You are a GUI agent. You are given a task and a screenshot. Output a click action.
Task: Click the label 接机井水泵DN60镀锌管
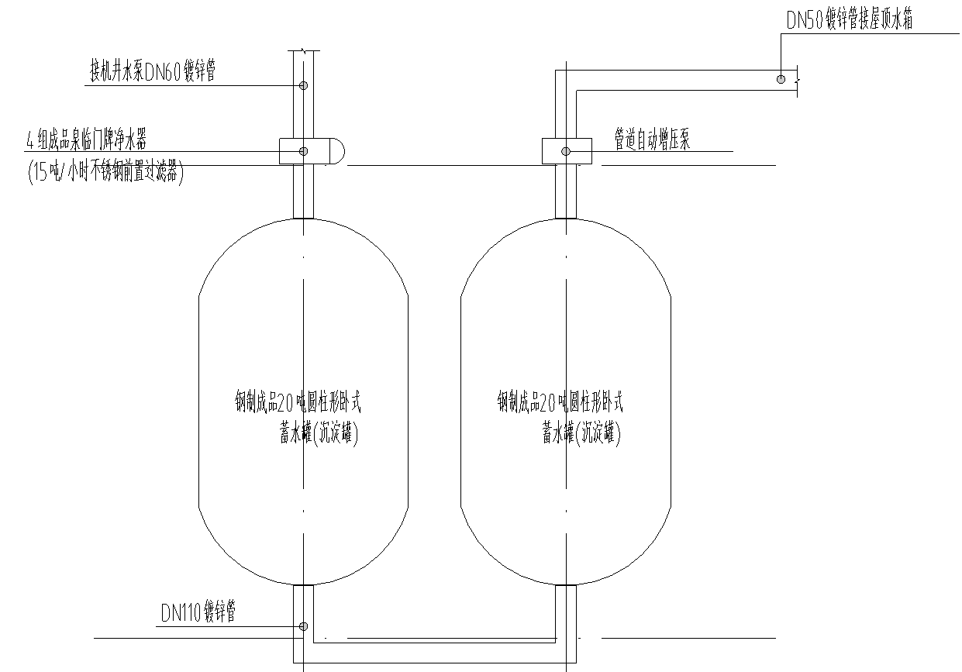[x=153, y=72]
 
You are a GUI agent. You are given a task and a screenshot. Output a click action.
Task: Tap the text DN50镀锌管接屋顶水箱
[x=849, y=21]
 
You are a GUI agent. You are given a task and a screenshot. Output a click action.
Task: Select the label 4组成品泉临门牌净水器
[x=87, y=140]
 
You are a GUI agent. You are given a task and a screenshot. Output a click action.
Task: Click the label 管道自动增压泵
[x=652, y=140]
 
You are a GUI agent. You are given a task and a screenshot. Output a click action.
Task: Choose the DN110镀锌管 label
[x=198, y=613]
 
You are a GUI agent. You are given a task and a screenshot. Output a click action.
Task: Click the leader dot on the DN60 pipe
[x=304, y=85]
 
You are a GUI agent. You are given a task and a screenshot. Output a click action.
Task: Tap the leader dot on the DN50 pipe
[x=781, y=78]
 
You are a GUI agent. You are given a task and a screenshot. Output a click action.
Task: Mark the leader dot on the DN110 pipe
[x=304, y=626]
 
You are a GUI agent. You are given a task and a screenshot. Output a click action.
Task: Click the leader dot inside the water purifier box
[x=304, y=151]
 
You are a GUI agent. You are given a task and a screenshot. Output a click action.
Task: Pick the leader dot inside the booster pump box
[x=566, y=151]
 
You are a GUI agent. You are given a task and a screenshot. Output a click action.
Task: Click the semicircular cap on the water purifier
[x=337, y=151]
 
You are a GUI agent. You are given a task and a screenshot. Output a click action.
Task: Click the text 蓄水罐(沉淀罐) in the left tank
[x=319, y=434]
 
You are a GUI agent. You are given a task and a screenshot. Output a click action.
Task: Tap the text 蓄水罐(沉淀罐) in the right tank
[x=581, y=434]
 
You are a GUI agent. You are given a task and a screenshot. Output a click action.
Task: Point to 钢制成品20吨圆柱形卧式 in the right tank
[x=560, y=402]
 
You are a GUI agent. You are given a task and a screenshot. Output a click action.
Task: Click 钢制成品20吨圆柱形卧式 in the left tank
[x=298, y=402]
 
